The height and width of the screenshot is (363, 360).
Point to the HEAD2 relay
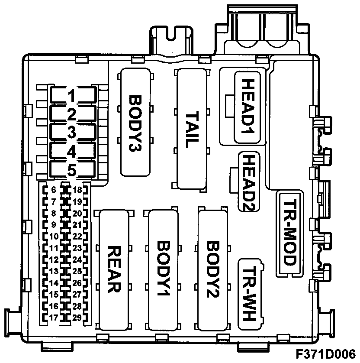pyautogui.click(x=248, y=182)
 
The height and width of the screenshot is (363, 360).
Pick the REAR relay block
pyautogui.click(x=114, y=269)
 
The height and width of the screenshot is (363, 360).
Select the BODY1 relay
pyautogui.click(x=163, y=269)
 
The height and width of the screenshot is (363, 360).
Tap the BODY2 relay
pyautogui.click(x=213, y=269)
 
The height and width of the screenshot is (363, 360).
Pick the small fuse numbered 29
pyautogui.click(x=77, y=318)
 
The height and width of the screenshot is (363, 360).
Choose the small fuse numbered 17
pyautogui.click(x=53, y=318)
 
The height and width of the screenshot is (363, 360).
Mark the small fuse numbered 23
pyautogui.click(x=77, y=248)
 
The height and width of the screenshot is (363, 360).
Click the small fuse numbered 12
pyautogui.click(x=53, y=260)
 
